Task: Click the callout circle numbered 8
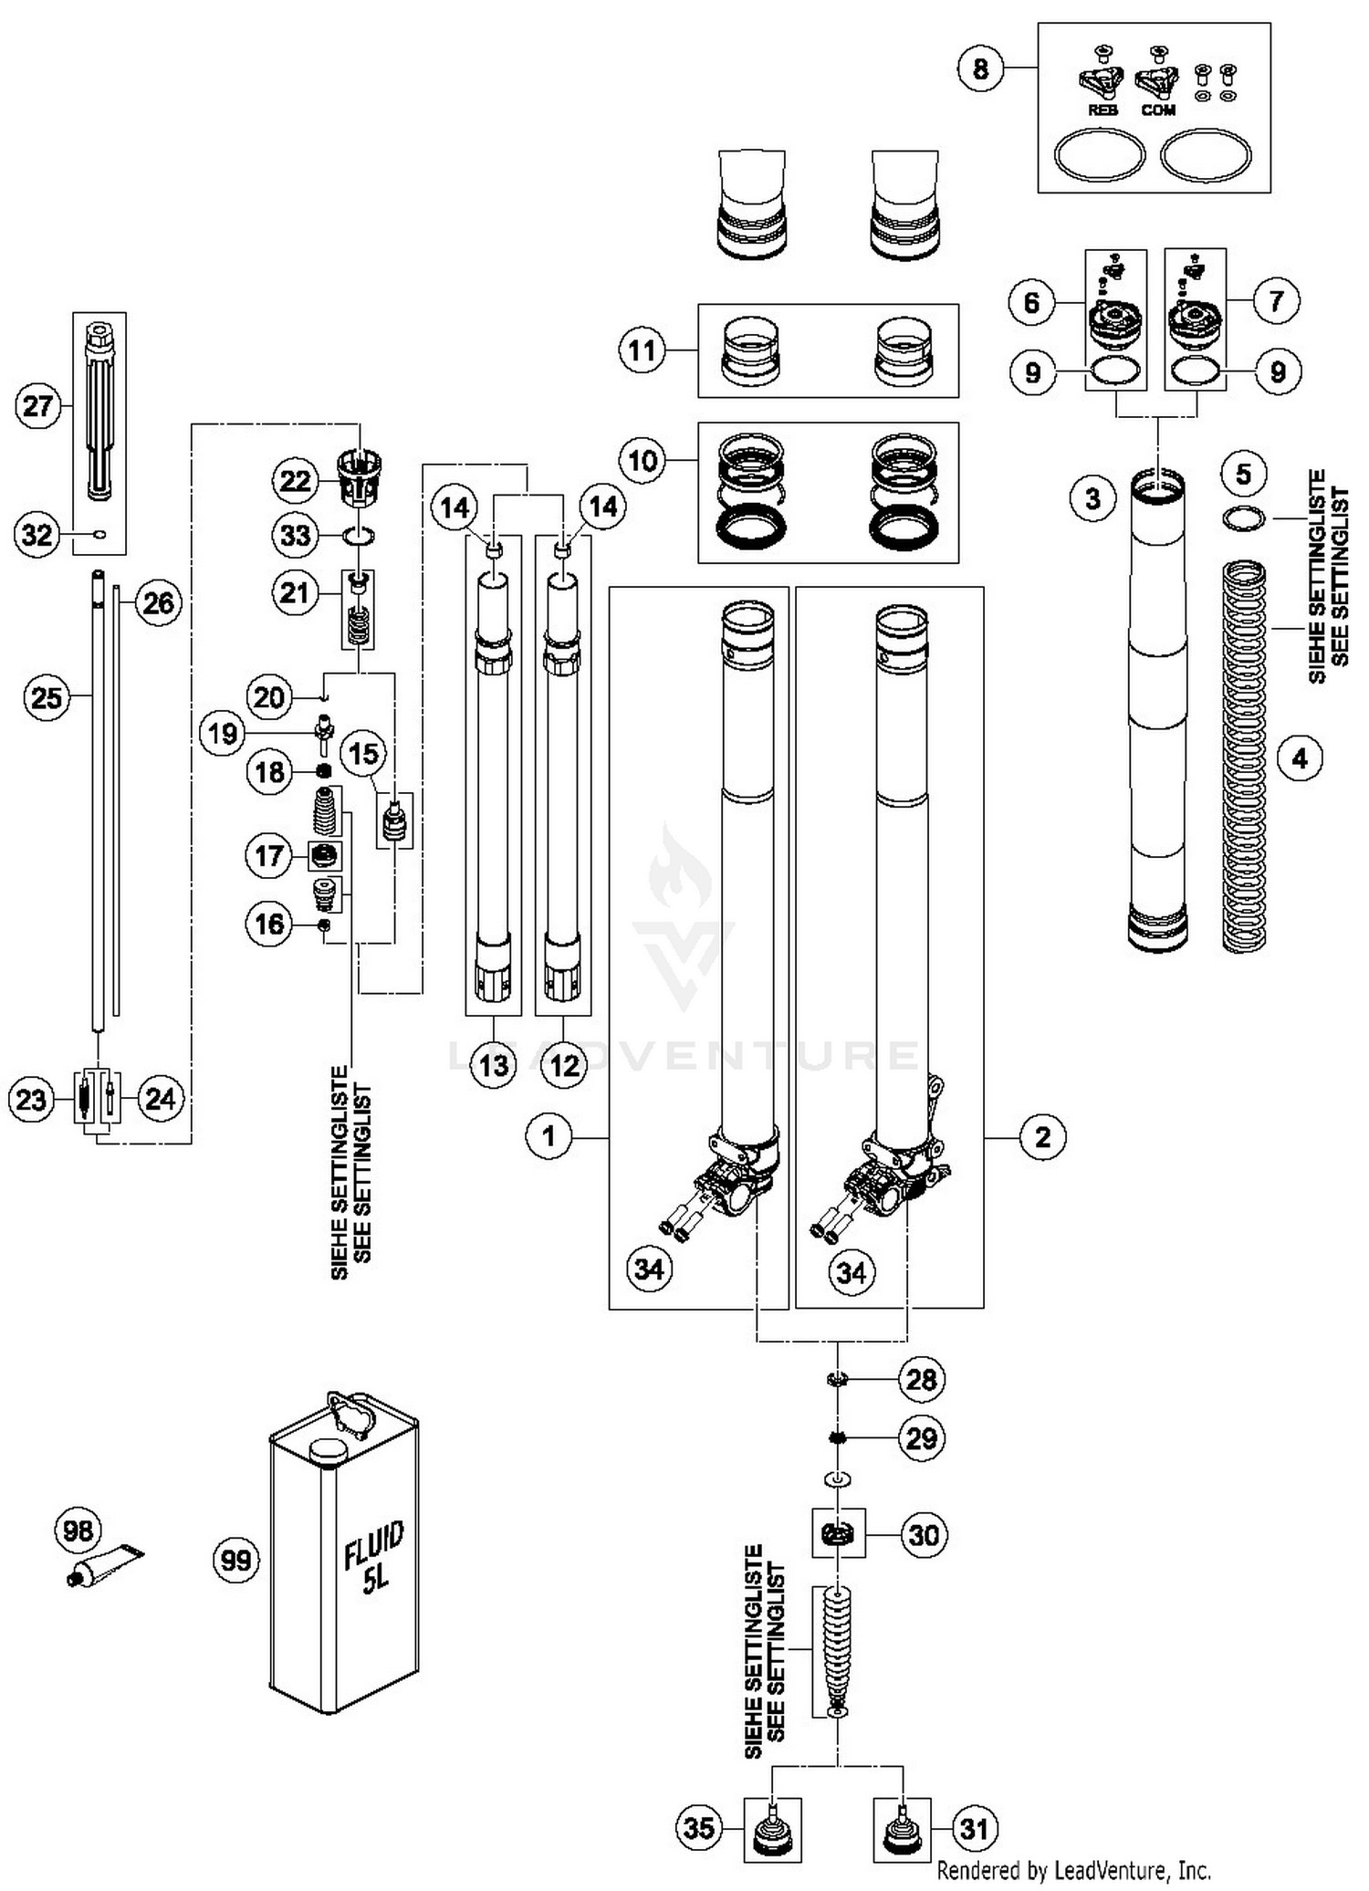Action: coord(980,68)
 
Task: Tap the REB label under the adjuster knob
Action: coord(1103,110)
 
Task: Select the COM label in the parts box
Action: coord(1158,110)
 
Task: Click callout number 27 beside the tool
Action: coord(37,406)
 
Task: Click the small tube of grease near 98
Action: coord(108,1564)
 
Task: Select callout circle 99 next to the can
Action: coord(236,1560)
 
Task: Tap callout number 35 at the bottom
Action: coord(699,1828)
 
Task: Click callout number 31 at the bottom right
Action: coord(975,1828)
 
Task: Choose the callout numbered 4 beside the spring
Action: coord(1300,757)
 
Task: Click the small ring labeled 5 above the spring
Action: coord(1243,519)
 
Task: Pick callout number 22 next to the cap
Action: coord(295,481)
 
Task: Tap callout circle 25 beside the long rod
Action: coord(47,698)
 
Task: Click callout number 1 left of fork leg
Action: coord(549,1136)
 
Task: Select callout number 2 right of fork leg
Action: coord(1042,1136)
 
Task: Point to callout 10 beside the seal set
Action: coord(643,460)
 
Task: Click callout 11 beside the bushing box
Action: coord(643,350)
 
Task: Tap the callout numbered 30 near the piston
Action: coord(924,1535)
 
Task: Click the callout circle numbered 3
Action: coord(1093,499)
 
